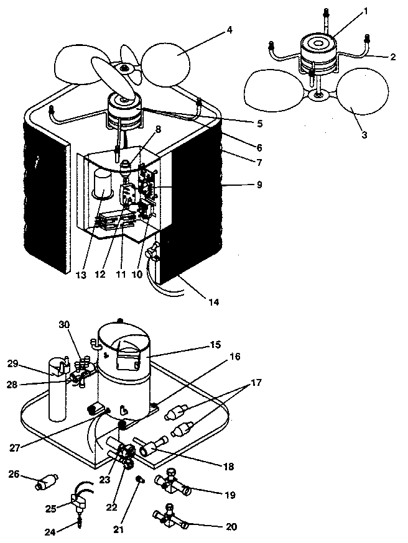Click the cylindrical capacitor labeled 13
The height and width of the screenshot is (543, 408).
point(101,185)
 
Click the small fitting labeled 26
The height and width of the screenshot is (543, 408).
point(46,482)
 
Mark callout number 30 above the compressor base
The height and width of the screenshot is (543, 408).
point(64,324)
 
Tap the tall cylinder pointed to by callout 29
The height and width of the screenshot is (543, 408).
point(57,398)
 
